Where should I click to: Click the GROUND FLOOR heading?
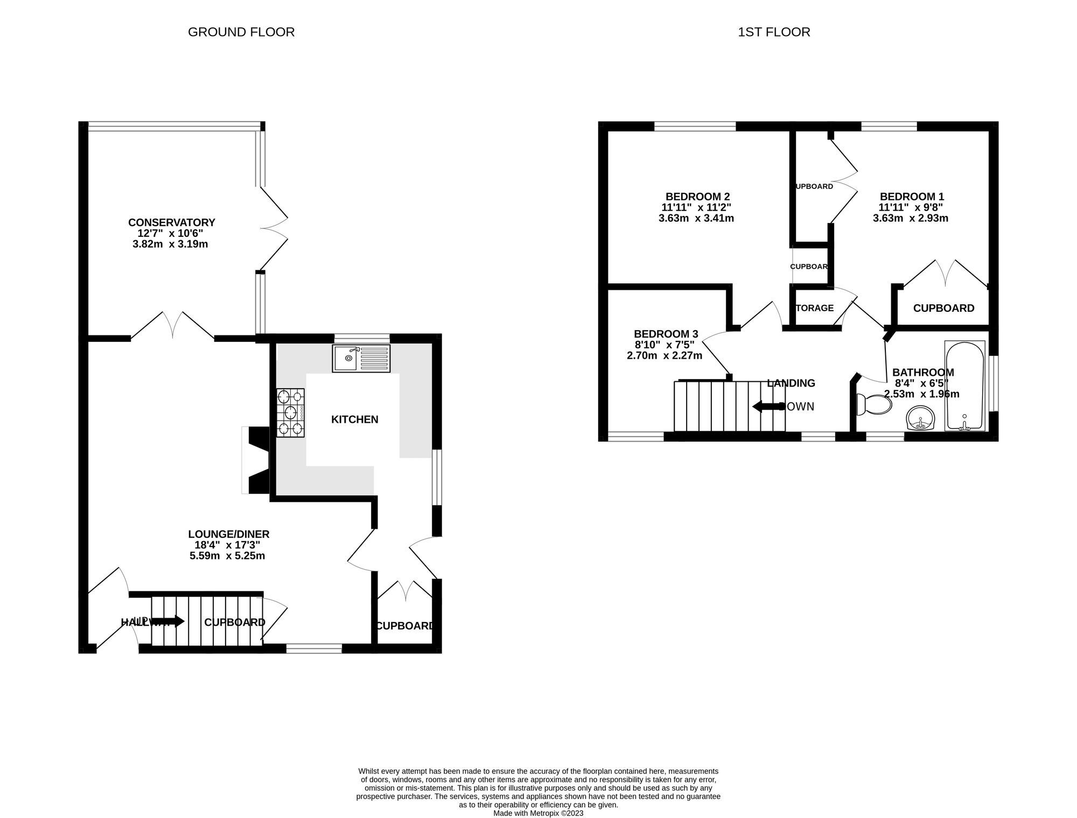(x=241, y=32)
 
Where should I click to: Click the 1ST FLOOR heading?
(x=774, y=32)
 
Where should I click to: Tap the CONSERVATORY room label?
(x=171, y=222)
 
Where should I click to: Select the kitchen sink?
(x=361, y=358)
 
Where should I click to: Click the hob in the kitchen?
(x=290, y=413)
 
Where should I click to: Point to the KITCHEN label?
(x=354, y=420)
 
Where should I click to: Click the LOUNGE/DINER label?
(x=228, y=534)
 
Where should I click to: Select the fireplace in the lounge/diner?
(x=257, y=460)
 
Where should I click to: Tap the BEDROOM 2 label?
(x=697, y=197)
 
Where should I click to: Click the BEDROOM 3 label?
(x=666, y=334)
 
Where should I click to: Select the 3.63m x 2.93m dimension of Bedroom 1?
(x=910, y=218)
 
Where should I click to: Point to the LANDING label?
(x=791, y=383)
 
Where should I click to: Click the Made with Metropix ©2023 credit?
(x=538, y=813)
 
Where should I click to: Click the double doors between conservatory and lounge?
(x=173, y=326)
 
